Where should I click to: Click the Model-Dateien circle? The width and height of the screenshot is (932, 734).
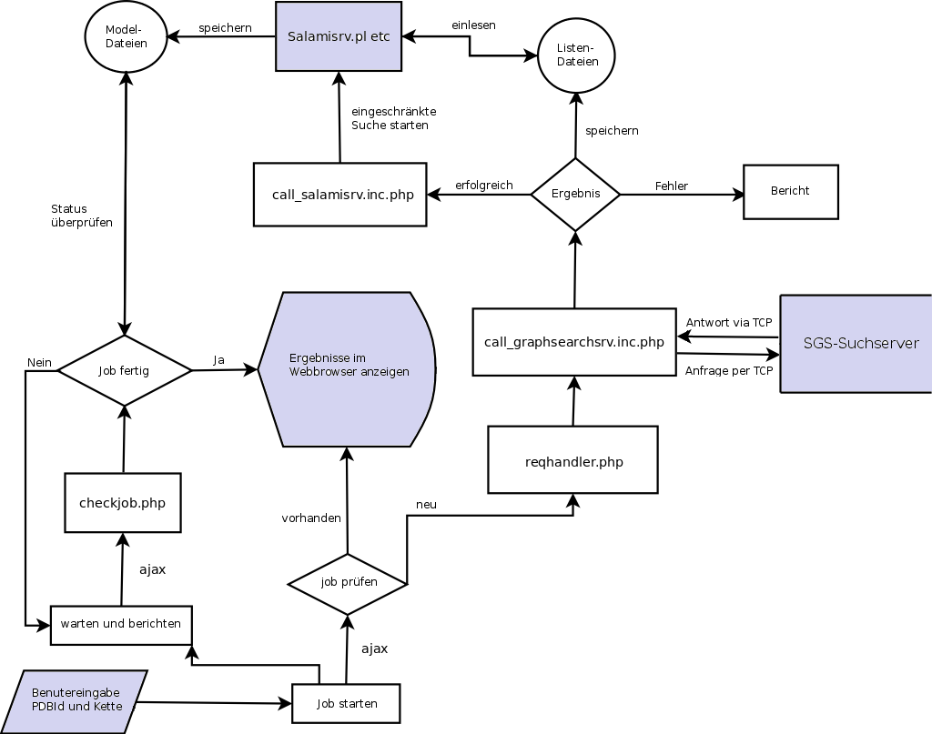(126, 36)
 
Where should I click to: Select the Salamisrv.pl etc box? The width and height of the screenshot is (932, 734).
(339, 36)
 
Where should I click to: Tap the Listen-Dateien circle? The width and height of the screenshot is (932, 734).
(577, 55)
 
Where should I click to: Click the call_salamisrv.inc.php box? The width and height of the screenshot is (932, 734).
(339, 195)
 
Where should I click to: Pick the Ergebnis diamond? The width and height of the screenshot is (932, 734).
(575, 194)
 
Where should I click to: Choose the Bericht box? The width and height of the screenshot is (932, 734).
(790, 192)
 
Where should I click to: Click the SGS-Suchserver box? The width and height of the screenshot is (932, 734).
(856, 344)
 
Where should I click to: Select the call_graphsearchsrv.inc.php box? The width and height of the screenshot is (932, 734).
(574, 342)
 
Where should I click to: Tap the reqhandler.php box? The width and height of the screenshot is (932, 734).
(573, 460)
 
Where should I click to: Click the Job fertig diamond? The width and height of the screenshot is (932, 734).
(125, 370)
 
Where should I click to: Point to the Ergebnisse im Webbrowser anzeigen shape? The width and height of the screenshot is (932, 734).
(347, 369)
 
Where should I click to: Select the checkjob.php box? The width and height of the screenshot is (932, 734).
(123, 503)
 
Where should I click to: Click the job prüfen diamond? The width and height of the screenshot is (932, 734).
(348, 583)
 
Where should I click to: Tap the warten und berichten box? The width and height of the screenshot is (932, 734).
(121, 625)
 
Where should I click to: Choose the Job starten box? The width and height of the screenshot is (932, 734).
(346, 704)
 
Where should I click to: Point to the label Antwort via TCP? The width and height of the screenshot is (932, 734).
(729, 323)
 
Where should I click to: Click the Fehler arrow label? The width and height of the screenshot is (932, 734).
(672, 186)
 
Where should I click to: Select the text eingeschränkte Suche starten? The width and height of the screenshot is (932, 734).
(393, 118)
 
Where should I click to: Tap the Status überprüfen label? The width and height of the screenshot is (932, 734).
(82, 216)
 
